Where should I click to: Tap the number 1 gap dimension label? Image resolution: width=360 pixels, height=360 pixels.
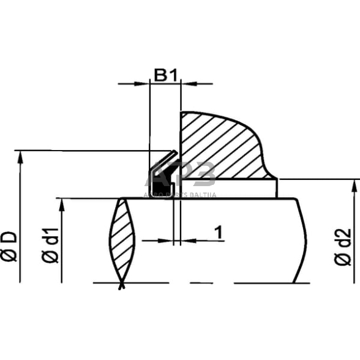point(217,232)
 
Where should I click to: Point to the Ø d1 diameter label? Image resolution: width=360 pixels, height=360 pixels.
point(51,246)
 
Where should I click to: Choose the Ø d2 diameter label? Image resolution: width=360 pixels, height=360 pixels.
point(343,246)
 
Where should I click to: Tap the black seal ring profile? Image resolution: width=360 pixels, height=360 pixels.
point(160,178)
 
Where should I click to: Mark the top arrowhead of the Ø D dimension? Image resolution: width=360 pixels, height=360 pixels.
point(20,156)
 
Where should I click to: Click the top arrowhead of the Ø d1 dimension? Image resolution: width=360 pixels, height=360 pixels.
point(62,204)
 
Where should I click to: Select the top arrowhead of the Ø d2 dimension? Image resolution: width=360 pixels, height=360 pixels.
point(354,185)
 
